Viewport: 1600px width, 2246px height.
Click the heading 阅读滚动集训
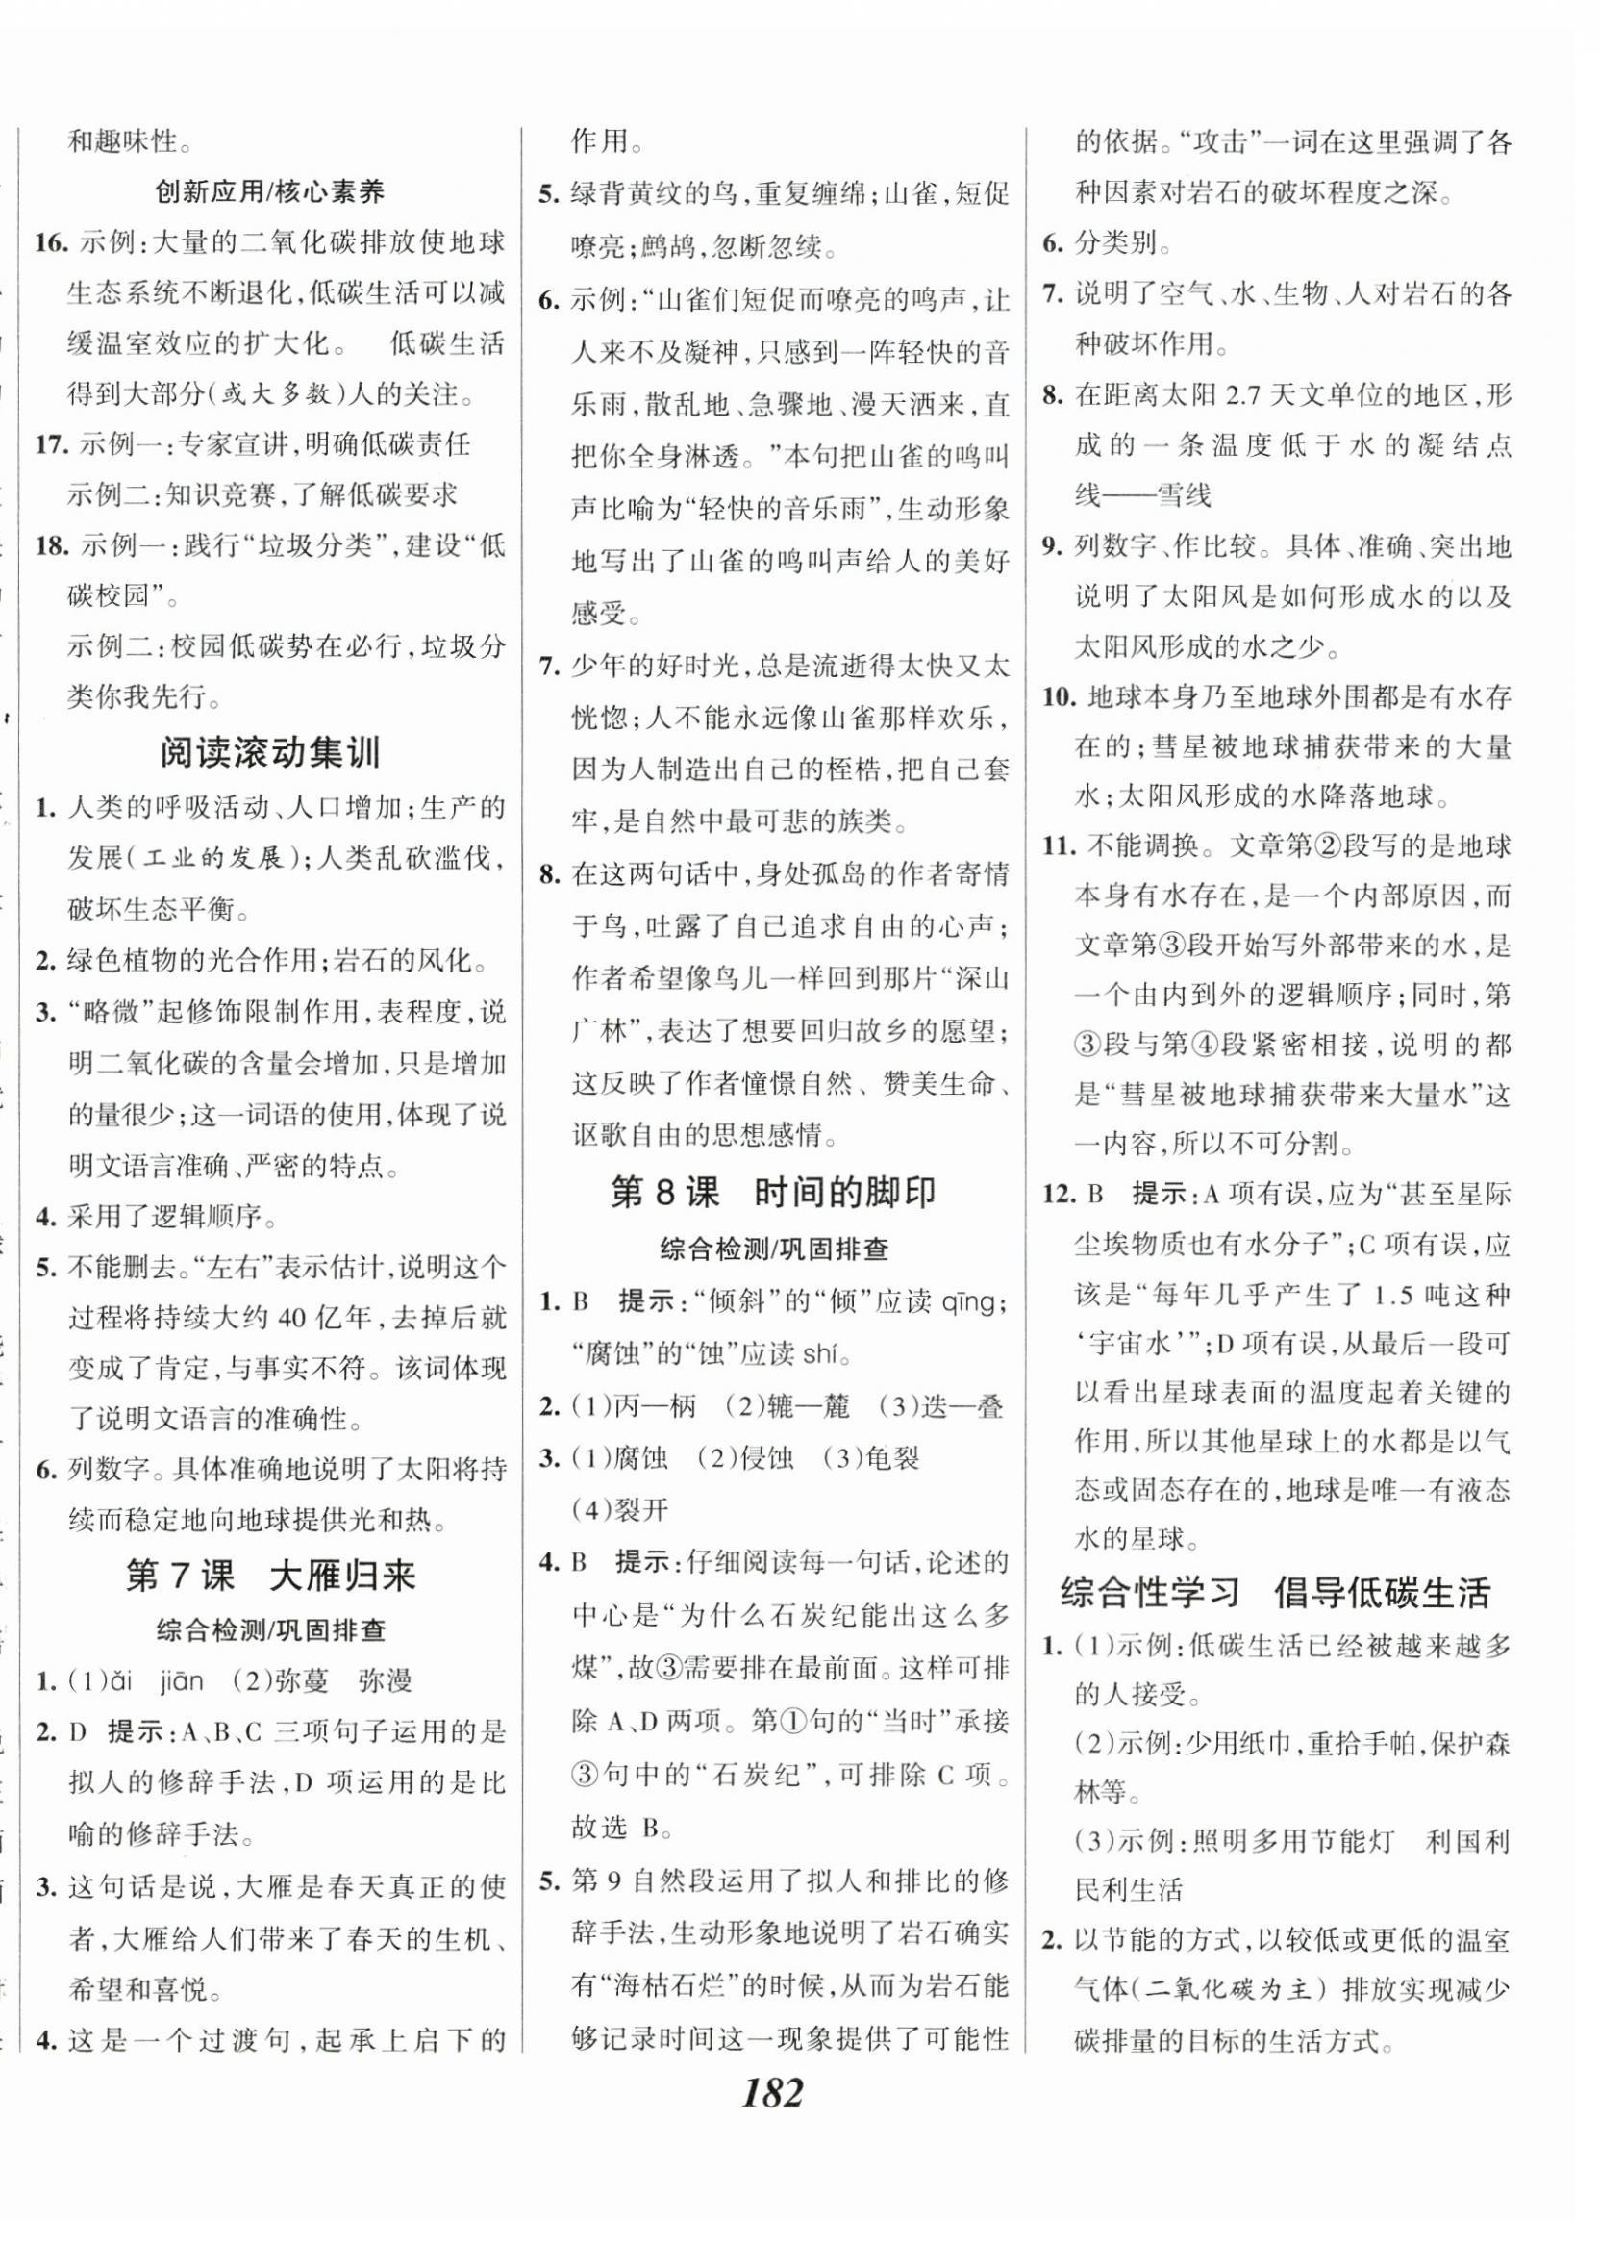pyautogui.click(x=270, y=755)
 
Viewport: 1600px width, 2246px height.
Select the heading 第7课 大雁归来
pyautogui.click(x=270, y=1577)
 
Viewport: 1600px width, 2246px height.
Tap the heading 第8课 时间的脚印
pyautogui.click(x=772, y=1194)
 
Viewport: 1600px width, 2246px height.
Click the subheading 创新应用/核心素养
pyautogui.click(x=270, y=191)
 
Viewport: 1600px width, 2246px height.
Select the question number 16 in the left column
pyautogui.click(x=49, y=242)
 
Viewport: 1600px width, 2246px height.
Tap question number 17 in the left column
pyautogui.click(x=49, y=445)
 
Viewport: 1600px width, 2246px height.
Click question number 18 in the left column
pyautogui.click(x=49, y=547)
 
